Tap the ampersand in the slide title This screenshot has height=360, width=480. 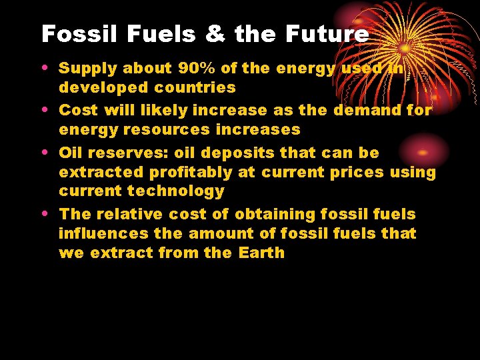214,34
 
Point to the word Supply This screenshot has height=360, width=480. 85,68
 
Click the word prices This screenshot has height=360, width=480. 356,172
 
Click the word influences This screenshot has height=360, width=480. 103,233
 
